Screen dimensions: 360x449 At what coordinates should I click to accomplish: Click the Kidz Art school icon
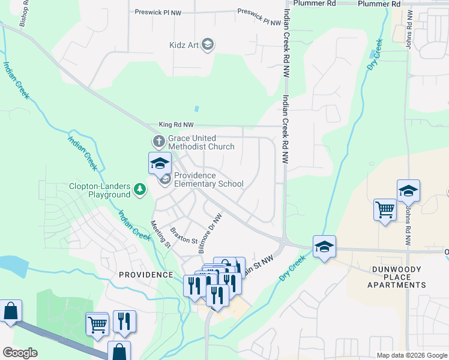[x=208, y=45]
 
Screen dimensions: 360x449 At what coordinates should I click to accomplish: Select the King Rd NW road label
[x=176, y=125]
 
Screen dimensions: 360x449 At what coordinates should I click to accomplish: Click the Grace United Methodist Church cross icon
[x=158, y=142]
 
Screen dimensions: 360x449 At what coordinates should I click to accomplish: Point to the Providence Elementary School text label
[x=208, y=180]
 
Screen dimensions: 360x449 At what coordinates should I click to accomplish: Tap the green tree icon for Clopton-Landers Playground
[x=140, y=190]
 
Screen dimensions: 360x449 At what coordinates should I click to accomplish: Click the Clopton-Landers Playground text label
[x=100, y=190]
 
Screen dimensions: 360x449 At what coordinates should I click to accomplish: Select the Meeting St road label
[x=160, y=235]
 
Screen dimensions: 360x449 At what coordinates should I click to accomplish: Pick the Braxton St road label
[x=184, y=232]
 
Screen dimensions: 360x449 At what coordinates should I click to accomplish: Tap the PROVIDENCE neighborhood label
[x=146, y=274]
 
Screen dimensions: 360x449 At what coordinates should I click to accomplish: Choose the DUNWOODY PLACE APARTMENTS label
[x=397, y=277]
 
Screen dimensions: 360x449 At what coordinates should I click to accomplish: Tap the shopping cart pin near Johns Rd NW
[x=385, y=211]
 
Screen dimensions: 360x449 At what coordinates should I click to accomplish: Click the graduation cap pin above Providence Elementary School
[x=160, y=163]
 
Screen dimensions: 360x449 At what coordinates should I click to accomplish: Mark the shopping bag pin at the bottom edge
[x=119, y=350]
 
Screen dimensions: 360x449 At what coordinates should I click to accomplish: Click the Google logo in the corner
[x=20, y=353]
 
